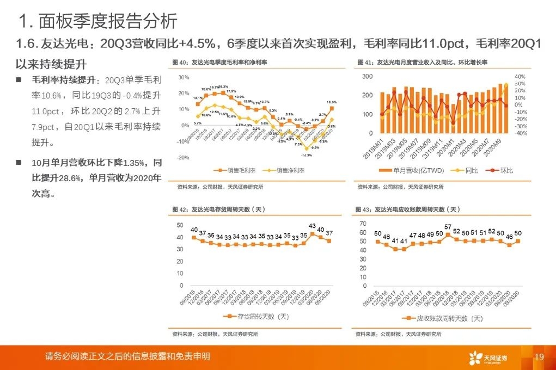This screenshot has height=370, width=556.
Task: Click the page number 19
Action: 540,357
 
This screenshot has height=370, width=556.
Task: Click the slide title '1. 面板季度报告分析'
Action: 98,21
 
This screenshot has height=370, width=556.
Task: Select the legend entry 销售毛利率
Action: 237,170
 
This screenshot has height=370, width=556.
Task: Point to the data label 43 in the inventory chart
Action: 312,225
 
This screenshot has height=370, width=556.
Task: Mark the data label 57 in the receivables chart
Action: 448,227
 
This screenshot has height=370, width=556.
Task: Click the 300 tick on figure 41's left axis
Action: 367,77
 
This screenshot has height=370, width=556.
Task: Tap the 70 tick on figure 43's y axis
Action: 364,224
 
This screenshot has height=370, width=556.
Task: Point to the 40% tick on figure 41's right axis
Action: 520,77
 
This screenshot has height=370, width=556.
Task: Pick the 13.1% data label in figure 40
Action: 198,98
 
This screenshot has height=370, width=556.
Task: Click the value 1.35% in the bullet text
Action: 138,163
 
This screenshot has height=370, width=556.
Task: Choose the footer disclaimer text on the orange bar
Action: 128,357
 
